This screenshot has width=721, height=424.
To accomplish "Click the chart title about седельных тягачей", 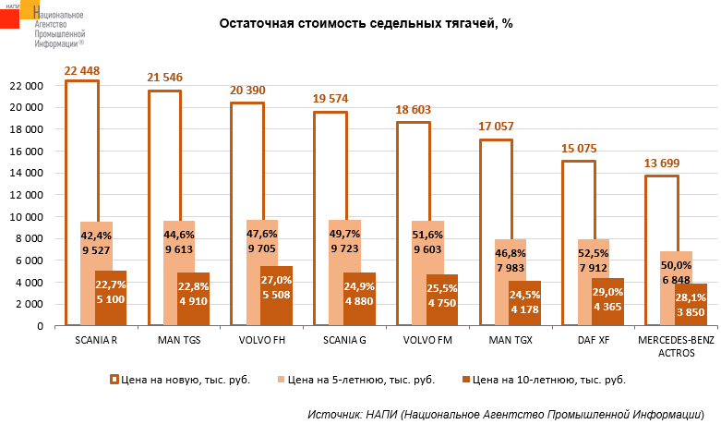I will pos(365,24).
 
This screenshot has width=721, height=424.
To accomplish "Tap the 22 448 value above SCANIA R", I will pos(82,70).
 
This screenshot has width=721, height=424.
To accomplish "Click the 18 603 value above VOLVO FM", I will pos(414,111).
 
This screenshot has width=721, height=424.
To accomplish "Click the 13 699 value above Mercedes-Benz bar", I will pos(663,164).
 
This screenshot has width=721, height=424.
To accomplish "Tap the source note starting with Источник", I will pos(507,412).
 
